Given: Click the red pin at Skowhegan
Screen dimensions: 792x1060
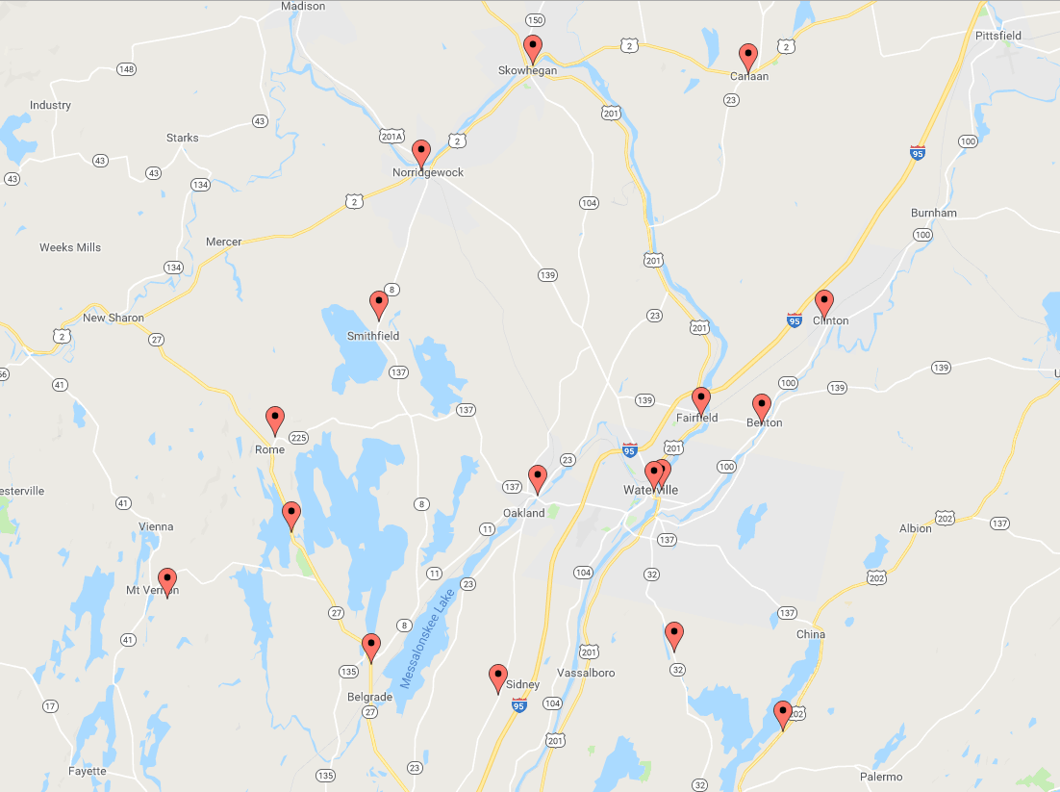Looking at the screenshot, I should click(533, 48).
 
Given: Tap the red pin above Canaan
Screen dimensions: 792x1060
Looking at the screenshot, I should click(747, 57).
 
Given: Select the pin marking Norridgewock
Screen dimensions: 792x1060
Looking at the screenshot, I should click(420, 153).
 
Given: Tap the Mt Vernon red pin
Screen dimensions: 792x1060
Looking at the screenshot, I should click(167, 581).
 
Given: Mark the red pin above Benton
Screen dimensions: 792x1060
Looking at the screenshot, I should click(762, 407).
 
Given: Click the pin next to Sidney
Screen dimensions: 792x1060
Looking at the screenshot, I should click(498, 677).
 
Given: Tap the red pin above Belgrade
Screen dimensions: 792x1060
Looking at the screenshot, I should click(371, 648).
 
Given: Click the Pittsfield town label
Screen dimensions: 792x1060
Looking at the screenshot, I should click(997, 36).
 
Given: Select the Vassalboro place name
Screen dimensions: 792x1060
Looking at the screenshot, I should click(586, 673).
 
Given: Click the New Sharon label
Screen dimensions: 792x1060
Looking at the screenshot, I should click(114, 318).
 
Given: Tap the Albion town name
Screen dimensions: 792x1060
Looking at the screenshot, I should click(915, 528).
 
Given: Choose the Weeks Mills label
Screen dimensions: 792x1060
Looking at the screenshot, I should click(70, 247).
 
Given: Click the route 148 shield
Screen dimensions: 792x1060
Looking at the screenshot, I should click(126, 69).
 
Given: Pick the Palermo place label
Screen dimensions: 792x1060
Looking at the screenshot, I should click(881, 777).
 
